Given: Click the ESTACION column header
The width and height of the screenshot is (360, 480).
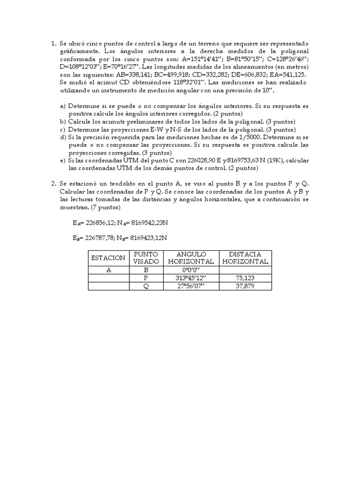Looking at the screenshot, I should tap(108, 258).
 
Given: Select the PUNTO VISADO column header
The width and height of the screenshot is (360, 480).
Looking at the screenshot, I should tap(146, 258).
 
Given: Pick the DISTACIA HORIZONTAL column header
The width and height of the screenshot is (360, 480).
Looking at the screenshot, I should tap(245, 258).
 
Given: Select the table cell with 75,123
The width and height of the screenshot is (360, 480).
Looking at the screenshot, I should tap(245, 278).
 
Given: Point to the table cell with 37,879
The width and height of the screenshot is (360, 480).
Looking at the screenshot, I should tap(245, 286).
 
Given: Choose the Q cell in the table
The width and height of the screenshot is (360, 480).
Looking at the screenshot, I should tap(146, 286).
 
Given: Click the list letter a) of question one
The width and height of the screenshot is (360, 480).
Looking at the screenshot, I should tap(63, 106).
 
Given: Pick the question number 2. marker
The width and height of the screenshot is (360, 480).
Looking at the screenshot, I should tap(53, 183).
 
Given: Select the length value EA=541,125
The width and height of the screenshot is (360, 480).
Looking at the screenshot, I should tap(286, 75).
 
